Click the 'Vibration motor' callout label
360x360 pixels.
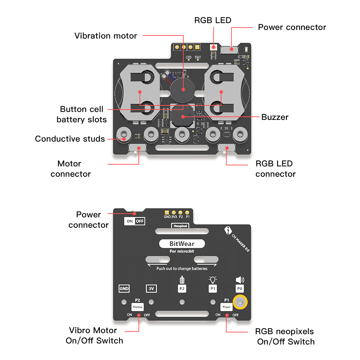point(106,36)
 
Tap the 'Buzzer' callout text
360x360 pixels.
point(275,117)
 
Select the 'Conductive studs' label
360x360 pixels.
point(70,139)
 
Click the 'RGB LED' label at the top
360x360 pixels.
point(213,20)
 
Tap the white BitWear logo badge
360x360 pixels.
point(182,244)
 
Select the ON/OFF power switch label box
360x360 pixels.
point(134,221)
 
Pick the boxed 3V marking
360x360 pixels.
point(151,289)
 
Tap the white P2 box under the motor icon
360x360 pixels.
point(182,289)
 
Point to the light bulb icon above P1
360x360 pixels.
point(213,280)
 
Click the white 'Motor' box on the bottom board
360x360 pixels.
point(137,307)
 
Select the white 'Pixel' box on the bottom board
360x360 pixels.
point(226,307)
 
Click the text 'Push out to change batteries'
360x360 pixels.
point(182,268)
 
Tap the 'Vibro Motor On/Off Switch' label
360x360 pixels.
point(94,336)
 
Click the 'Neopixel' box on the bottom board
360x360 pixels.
point(180,226)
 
